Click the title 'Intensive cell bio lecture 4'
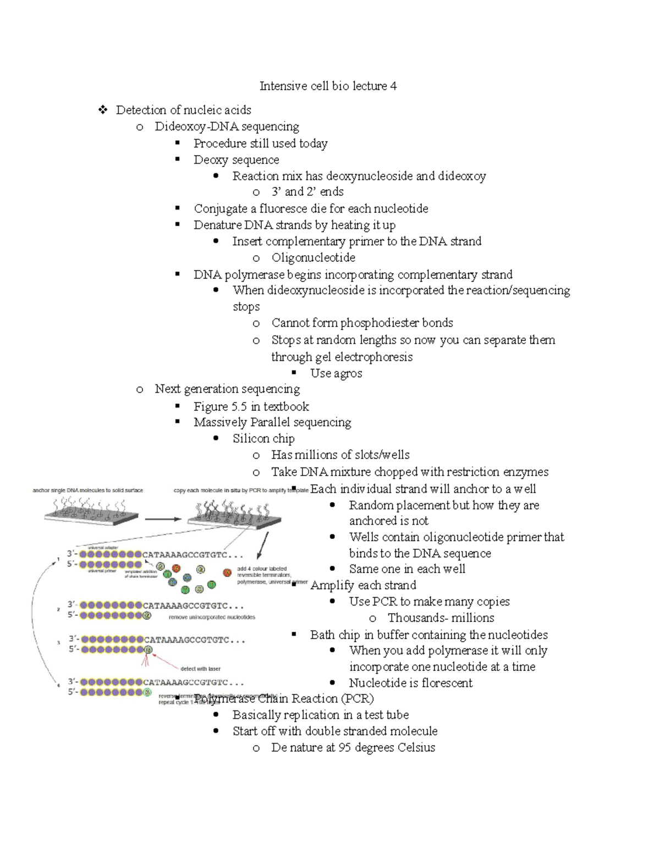(x=328, y=86)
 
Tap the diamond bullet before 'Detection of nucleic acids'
(x=102, y=110)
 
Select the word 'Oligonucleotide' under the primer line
(x=313, y=258)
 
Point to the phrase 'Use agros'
(x=335, y=373)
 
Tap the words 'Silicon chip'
(x=263, y=439)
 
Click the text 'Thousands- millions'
(x=441, y=618)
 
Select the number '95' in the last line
(x=345, y=748)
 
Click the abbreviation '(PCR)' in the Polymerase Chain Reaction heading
(x=357, y=699)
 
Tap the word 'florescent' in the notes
(x=445, y=683)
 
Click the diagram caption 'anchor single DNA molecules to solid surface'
(x=88, y=490)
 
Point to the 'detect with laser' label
(x=200, y=669)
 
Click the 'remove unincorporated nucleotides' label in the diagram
(x=212, y=617)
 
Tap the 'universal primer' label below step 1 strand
(x=102, y=571)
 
